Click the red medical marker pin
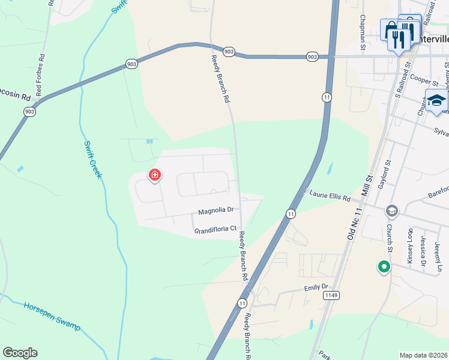pos(155,175)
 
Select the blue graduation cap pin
pos(436,101)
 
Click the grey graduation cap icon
pos(392,211)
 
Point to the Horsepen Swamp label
pos(52,316)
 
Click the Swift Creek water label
pos(92,158)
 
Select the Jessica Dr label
pos(424,250)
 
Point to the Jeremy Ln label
pos(438,254)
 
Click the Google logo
pos(20,353)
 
